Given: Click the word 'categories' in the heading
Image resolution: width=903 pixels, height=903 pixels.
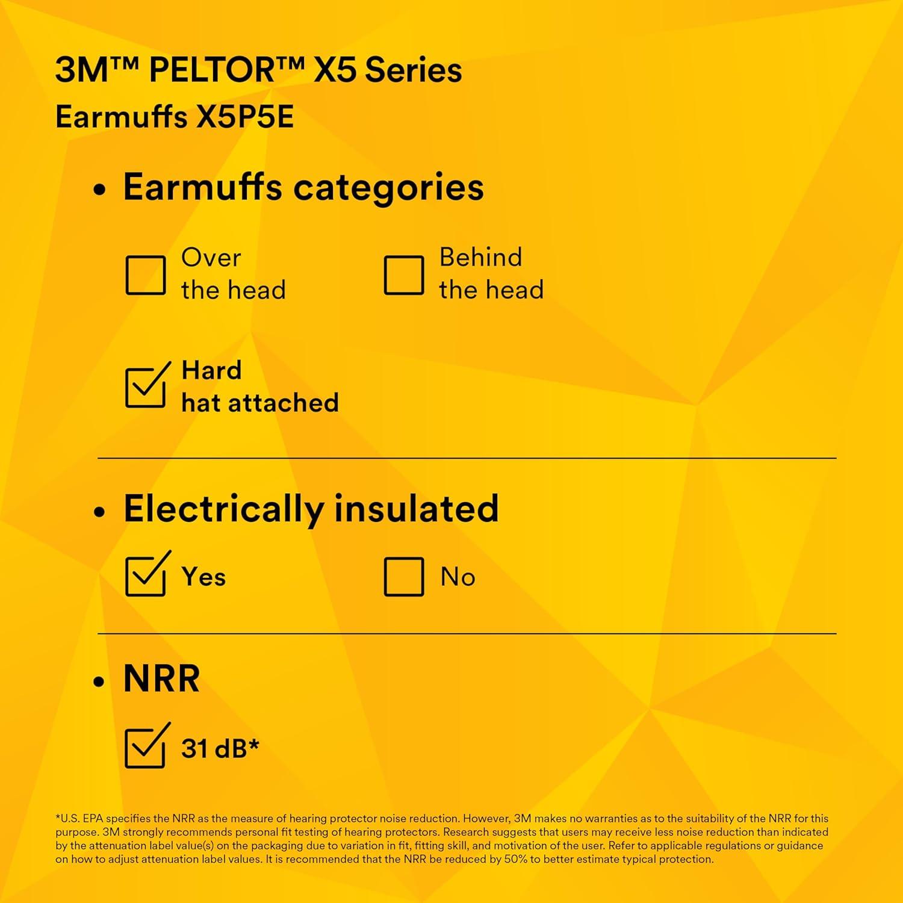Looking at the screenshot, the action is (388, 188).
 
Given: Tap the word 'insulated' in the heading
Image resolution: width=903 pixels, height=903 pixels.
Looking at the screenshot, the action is (416, 509).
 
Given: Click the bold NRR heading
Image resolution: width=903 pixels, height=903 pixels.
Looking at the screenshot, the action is (161, 679).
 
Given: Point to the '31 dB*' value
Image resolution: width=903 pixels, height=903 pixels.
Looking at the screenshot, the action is (220, 748).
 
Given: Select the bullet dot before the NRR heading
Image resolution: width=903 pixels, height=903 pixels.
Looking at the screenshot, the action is (100, 682).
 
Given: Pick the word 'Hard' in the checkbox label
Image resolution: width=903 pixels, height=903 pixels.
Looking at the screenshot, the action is (212, 370).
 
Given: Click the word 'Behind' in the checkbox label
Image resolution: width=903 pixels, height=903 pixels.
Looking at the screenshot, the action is (481, 257).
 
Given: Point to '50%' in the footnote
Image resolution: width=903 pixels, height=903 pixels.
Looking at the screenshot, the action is (515, 859).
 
